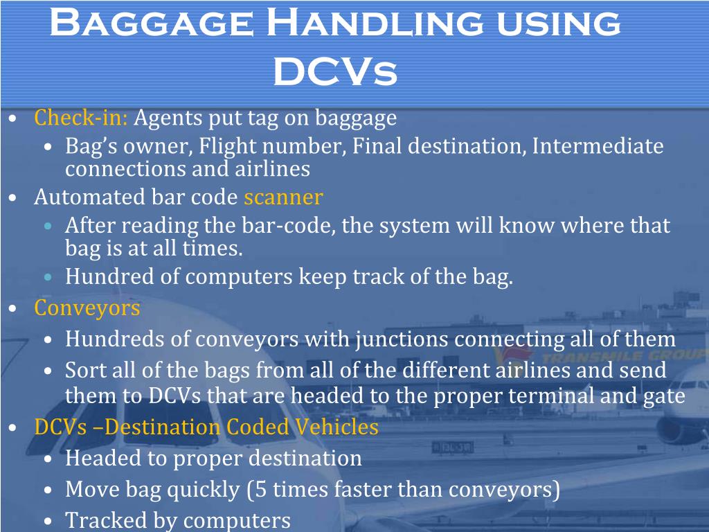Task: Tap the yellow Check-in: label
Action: tap(81, 118)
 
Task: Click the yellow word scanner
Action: tap(283, 197)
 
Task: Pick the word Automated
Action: tap(90, 197)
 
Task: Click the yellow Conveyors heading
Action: tap(87, 308)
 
